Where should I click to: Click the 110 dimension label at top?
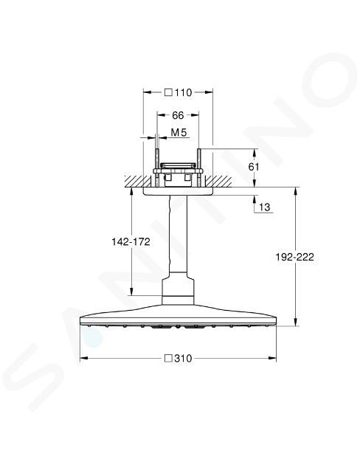[183, 92]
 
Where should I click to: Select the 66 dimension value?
[178, 115]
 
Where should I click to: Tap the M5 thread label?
[179, 133]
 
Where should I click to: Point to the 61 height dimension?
[254, 167]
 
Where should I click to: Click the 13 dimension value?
[265, 207]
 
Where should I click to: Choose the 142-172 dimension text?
[131, 241]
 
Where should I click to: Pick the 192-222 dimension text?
[295, 257]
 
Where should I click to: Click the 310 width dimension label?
[183, 359]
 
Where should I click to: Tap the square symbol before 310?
[169, 359]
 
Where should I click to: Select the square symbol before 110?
[169, 92]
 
